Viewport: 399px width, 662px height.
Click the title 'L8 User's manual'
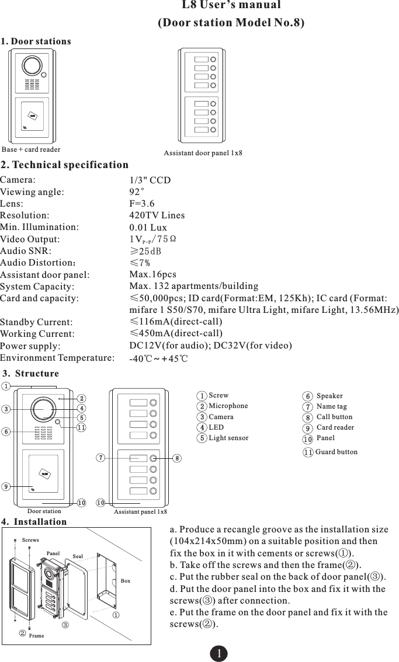[x=231, y=5]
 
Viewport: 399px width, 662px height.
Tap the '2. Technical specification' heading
[x=65, y=165]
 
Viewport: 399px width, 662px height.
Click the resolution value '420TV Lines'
[x=157, y=215]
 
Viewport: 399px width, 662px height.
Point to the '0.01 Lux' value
[x=148, y=227]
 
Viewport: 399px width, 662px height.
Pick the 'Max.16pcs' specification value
[x=152, y=274]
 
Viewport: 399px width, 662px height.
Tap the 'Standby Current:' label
[x=37, y=322]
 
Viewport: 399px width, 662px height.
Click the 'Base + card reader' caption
[x=31, y=149]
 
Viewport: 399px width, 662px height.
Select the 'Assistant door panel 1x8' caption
[x=203, y=153]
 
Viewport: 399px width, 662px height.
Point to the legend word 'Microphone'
[x=228, y=406]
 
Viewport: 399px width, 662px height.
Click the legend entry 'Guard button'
[x=336, y=452]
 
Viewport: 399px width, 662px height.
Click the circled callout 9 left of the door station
[x=5, y=486]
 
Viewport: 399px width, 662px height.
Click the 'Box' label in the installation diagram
[x=126, y=581]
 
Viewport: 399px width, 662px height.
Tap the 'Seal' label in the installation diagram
[x=78, y=556]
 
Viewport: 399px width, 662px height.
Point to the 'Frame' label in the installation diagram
[x=36, y=635]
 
